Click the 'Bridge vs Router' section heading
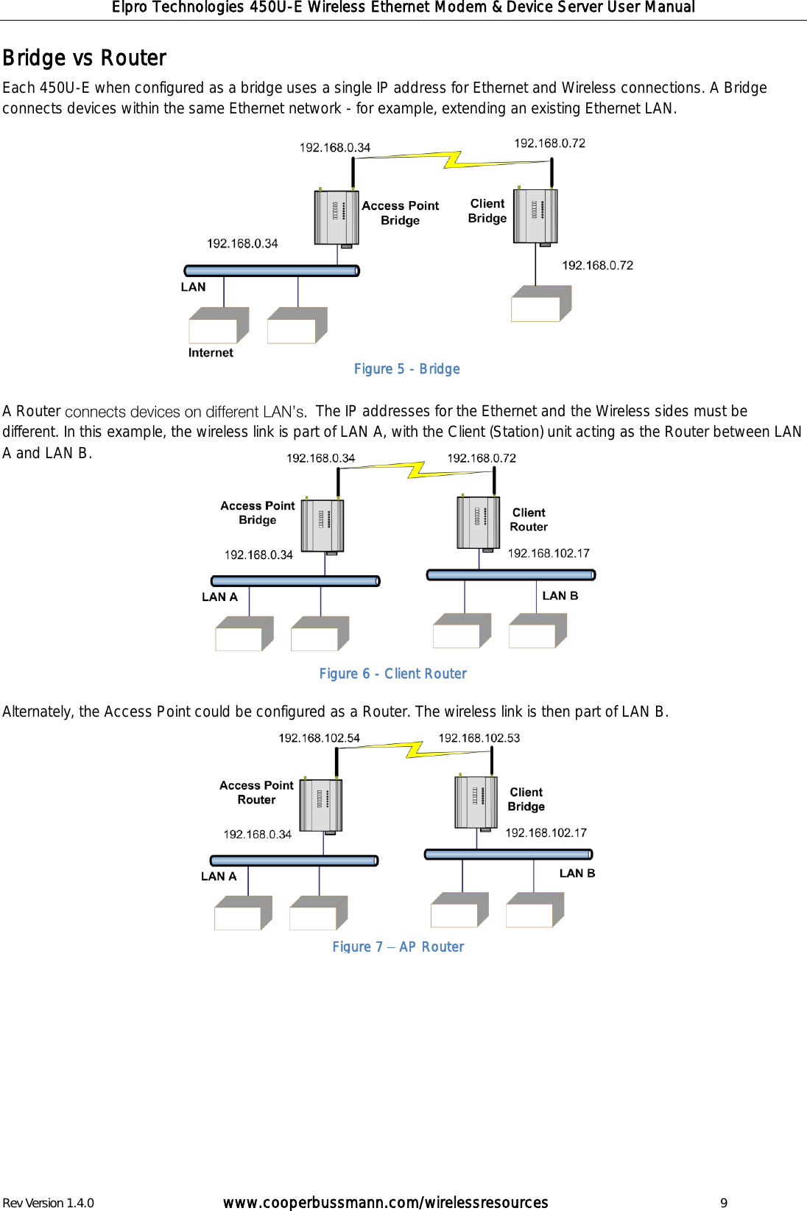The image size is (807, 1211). tap(85, 58)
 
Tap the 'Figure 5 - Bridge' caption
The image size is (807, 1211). tap(406, 369)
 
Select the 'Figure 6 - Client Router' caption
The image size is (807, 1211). tap(392, 674)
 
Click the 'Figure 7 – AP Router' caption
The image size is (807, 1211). tap(398, 947)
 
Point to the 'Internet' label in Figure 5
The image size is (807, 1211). tap(211, 353)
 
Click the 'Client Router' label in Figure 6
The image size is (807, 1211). tap(529, 520)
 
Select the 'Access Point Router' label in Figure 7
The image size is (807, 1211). tap(256, 793)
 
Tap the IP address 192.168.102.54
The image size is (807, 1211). tap(319, 738)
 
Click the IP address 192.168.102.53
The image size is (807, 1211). tap(479, 738)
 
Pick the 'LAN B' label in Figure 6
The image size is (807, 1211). tap(560, 596)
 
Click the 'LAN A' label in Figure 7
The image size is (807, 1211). tap(219, 877)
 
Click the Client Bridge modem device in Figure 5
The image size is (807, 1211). tap(535, 217)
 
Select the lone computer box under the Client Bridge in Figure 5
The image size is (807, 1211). tap(541, 304)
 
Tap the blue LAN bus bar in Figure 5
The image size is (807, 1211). tap(272, 271)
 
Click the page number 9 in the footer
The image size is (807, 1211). tap(724, 1203)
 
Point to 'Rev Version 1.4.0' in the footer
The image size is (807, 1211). tap(49, 1203)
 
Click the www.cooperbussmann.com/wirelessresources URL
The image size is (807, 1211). tap(385, 1203)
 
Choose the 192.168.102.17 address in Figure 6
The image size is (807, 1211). tap(549, 553)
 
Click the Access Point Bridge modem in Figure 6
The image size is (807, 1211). tap(323, 526)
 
